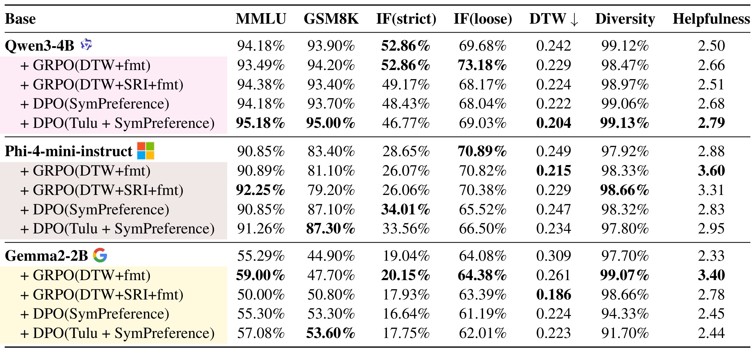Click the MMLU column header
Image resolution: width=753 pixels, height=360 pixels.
[261, 19]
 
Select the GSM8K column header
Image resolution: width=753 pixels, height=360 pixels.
[331, 19]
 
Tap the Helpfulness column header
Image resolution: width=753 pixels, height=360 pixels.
[711, 19]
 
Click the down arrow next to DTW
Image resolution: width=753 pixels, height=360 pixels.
[574, 20]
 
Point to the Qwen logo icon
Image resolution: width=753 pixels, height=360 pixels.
[86, 44]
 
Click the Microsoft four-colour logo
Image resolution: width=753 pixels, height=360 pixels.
[146, 151]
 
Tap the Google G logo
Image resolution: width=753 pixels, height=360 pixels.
[100, 255]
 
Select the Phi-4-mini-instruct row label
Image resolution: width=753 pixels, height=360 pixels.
[68, 151]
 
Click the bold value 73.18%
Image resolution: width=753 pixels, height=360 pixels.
[482, 65]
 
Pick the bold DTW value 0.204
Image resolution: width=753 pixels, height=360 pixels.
[554, 123]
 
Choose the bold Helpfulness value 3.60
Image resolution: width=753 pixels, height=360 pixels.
[712, 171]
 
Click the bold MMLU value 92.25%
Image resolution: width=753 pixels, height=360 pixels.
[260, 190]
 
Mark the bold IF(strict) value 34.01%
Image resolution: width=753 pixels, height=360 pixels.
[406, 209]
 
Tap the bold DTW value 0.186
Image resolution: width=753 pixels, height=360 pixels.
[554, 295]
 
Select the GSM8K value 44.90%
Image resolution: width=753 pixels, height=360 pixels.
[331, 256]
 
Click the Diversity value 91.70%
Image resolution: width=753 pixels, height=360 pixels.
[625, 333]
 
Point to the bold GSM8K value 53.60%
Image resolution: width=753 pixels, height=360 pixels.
[331, 333]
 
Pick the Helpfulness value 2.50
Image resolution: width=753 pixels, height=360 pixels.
[712, 46]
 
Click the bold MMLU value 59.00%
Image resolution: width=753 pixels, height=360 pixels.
[260, 275]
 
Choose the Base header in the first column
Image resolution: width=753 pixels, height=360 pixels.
[20, 19]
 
